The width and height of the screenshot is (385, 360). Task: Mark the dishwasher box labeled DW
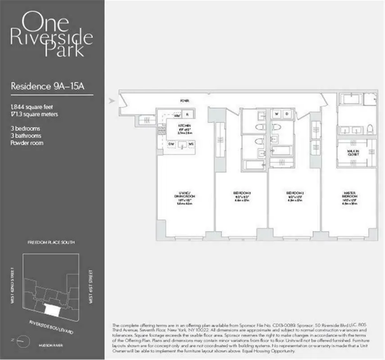(x=171, y=144)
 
